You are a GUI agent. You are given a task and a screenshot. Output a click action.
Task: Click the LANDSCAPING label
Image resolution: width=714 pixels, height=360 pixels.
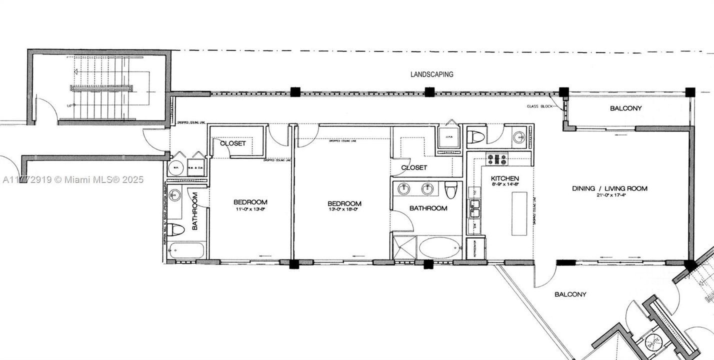click(x=431, y=74)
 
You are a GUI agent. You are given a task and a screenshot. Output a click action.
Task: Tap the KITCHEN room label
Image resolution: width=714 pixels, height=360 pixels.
click(x=504, y=178)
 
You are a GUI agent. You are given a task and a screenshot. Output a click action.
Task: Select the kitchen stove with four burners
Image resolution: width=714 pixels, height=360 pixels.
click(x=497, y=159)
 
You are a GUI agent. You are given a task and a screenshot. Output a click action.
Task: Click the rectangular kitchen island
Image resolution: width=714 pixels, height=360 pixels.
click(x=519, y=213)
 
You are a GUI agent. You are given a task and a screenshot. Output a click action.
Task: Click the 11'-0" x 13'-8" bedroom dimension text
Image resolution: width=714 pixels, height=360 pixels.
click(x=250, y=209)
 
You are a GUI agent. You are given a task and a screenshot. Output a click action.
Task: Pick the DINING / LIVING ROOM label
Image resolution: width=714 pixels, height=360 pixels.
click(x=609, y=188)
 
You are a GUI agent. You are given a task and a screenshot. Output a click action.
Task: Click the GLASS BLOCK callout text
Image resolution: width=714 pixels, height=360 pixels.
click(x=539, y=106)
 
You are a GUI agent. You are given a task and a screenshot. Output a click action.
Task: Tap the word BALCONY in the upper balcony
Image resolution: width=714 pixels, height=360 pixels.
click(x=625, y=108)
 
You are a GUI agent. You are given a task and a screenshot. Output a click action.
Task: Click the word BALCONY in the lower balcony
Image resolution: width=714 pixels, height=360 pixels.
click(x=570, y=294)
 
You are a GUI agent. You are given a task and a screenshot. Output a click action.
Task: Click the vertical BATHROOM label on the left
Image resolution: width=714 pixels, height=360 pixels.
click(x=195, y=211)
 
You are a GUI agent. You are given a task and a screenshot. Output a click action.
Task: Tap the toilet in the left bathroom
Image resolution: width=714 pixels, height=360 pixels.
click(x=175, y=229)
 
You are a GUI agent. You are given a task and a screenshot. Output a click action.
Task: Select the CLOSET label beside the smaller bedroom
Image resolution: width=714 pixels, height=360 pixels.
click(x=232, y=143)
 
